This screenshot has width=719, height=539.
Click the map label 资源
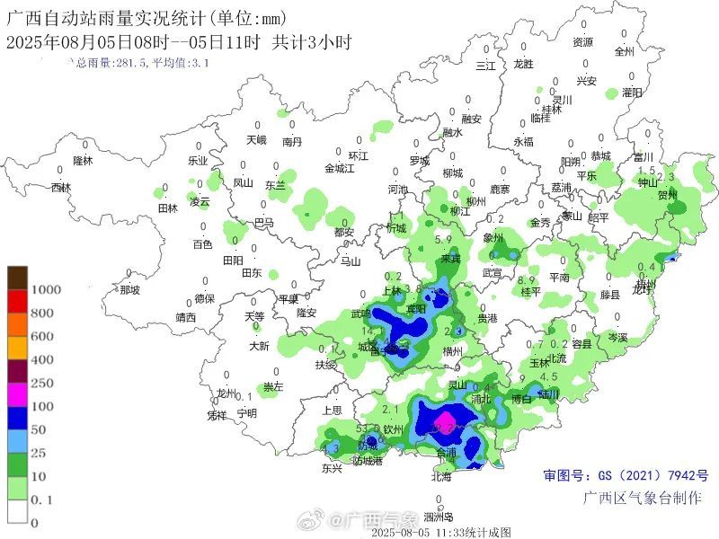pos(583,42)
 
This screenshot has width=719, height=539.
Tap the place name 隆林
pos(83,160)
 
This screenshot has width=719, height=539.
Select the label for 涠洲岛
pos(439,517)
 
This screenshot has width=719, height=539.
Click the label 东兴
pos(332,468)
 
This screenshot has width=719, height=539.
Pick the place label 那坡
pos(129,289)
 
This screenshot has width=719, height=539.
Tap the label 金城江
pos(340,168)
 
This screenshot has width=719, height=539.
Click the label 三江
pos(485,66)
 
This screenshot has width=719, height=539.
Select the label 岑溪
pos(617,337)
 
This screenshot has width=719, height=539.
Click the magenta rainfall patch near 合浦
pos(444,421)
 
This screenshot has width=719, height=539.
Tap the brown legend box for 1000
pos(18,278)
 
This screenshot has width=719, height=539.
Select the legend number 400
pos(42,359)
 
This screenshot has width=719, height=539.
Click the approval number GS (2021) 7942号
pos(626,475)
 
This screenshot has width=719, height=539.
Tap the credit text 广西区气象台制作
pos(642,498)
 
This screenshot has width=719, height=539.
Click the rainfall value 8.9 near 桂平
pos(528,280)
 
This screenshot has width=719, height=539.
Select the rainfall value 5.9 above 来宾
pos(442,240)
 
